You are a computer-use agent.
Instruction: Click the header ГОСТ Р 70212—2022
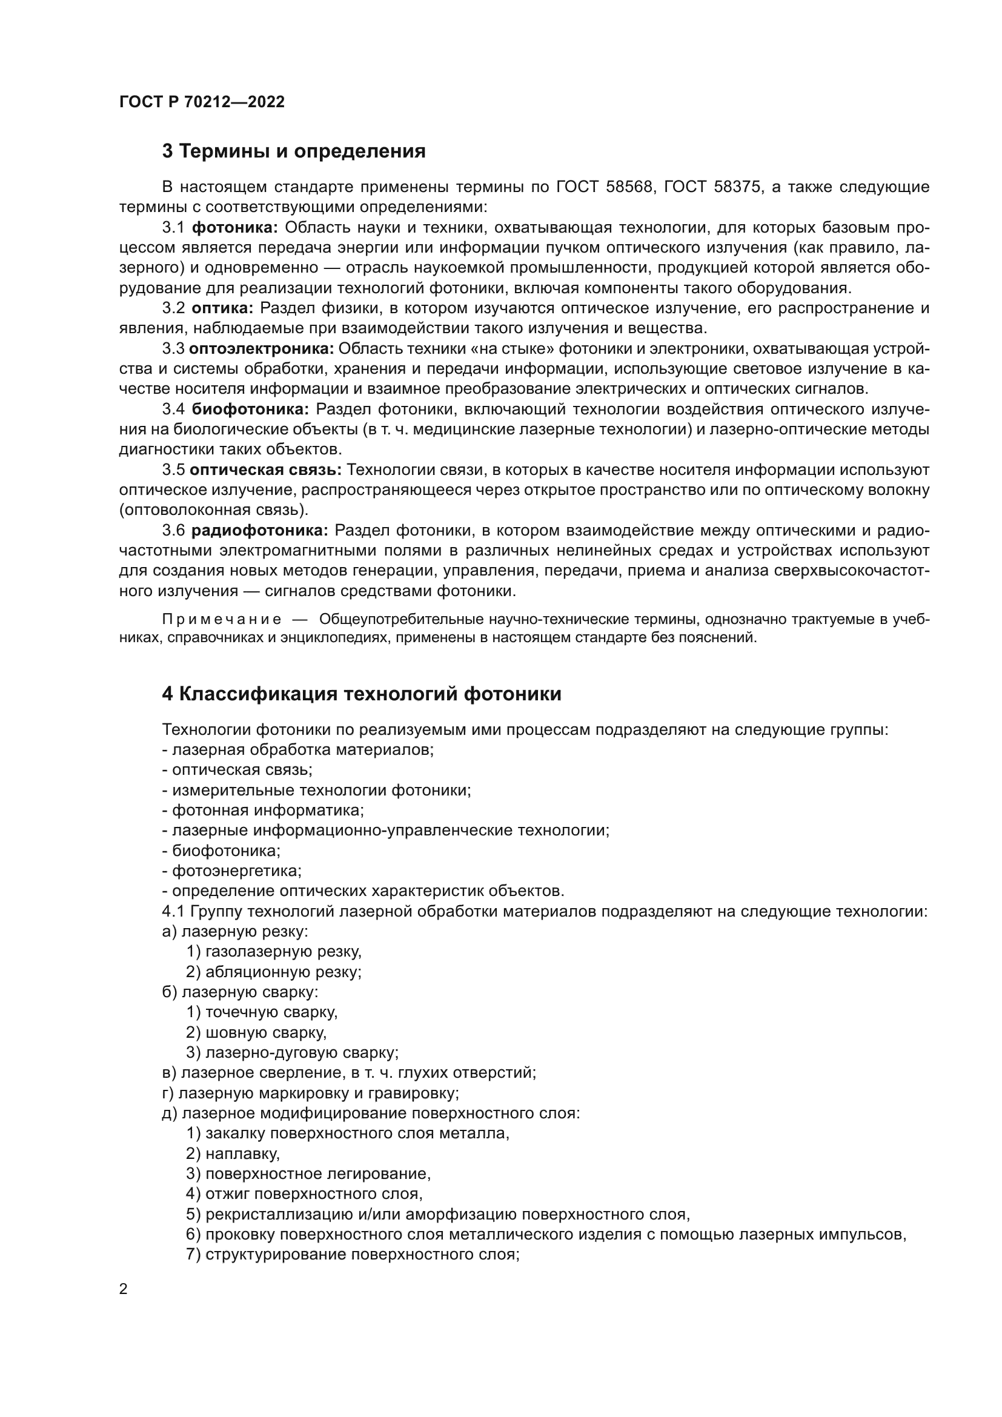(202, 102)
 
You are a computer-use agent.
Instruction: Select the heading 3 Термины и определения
(294, 151)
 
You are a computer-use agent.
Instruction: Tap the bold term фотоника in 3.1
(235, 228)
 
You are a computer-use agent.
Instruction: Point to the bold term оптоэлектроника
(262, 349)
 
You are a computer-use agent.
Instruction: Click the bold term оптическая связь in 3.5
(265, 470)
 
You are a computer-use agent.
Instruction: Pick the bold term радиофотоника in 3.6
(260, 531)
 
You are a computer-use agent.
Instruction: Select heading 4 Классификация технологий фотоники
(362, 694)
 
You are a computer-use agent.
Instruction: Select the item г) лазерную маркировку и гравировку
(310, 1093)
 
